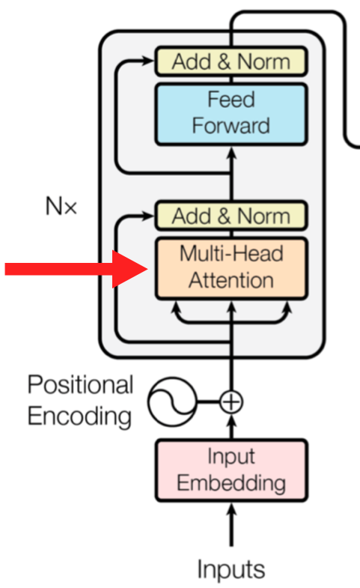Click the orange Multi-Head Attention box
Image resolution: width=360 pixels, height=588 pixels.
(231, 267)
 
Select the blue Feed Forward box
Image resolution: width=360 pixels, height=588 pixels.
(231, 113)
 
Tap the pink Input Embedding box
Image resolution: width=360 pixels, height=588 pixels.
(231, 470)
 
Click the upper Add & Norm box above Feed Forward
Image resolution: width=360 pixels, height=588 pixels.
(231, 61)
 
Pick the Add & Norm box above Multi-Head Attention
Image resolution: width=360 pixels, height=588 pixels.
(231, 216)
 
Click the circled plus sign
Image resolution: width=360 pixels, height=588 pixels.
(231, 402)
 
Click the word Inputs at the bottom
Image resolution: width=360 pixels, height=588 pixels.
(231, 569)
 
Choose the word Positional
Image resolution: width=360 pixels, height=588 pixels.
(80, 385)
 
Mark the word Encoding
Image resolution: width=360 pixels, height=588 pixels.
(79, 416)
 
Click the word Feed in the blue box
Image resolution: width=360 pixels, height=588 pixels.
(231, 100)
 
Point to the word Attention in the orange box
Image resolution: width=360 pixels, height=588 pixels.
(231, 281)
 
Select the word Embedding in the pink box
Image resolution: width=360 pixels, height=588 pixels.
(231, 483)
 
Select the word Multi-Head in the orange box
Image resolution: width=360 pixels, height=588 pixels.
(231, 254)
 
